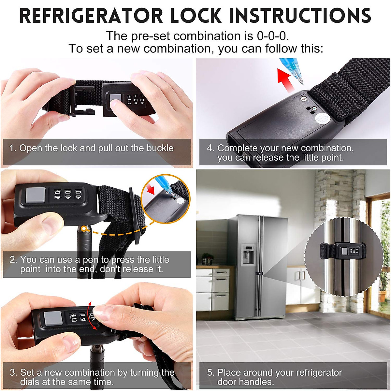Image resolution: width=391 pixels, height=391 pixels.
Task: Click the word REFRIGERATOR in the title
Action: (x=91, y=16)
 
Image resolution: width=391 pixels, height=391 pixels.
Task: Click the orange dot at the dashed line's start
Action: (x=85, y=229)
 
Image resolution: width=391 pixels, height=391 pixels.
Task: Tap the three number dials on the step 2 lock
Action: (x=68, y=195)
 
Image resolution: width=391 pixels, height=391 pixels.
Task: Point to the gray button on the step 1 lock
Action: (x=115, y=99)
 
